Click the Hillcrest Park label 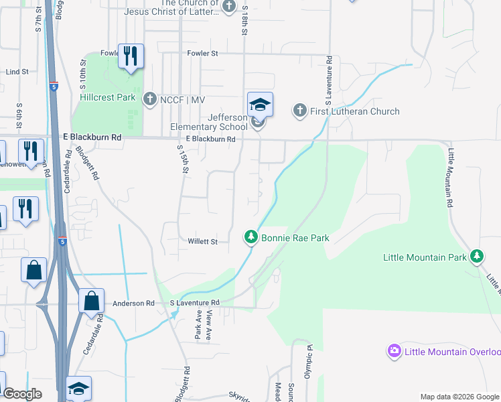[x=107, y=97]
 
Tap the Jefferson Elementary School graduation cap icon [x=260, y=105]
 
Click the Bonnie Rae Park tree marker [x=251, y=237]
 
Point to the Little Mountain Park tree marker [x=477, y=256]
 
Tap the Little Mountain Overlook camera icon [x=394, y=350]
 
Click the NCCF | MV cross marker [x=149, y=99]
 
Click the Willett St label [x=202, y=241]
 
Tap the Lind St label [x=16, y=71]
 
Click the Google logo [x=22, y=395]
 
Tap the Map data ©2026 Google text [x=459, y=397]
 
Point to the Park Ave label [x=198, y=325]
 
